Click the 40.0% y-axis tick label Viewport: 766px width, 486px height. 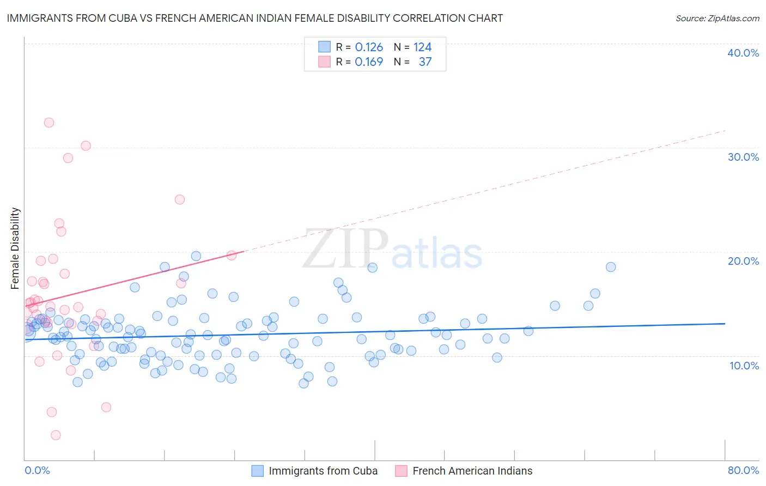tap(743, 53)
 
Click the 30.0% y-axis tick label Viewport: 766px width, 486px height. tap(743, 157)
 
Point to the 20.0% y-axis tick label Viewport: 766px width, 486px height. tap(743, 261)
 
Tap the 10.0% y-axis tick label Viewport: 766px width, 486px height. tap(744, 366)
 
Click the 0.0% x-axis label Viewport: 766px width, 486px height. tap(37, 470)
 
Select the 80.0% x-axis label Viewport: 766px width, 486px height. tap(743, 470)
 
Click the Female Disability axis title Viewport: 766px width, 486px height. tap(15, 248)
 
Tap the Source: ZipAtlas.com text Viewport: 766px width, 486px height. tap(717, 18)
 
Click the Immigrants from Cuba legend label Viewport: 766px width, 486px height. tap(323, 471)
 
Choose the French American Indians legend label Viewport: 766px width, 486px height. tap(472, 471)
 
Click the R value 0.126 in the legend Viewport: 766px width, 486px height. tap(369, 47)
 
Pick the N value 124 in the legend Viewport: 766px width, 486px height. tap(422, 47)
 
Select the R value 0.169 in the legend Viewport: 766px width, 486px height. tap(369, 62)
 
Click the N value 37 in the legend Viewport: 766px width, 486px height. tap(425, 62)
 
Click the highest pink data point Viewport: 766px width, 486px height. tap(49, 123)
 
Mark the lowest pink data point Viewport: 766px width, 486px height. tap(56, 435)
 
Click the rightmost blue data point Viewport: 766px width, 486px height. tap(611, 267)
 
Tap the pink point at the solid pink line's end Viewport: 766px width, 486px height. tap(232, 255)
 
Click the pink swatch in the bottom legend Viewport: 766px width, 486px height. tap(401, 471)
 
